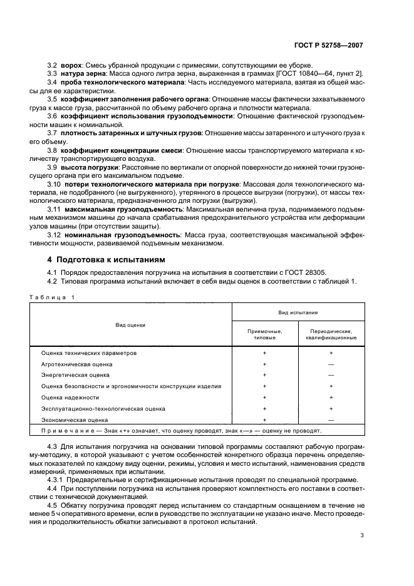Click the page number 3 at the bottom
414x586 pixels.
coord(362,535)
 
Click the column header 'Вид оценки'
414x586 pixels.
coord(130,325)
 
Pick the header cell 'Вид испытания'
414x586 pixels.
coord(298,311)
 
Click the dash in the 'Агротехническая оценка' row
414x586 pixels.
coord(331,364)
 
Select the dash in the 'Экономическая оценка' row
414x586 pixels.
coord(331,419)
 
